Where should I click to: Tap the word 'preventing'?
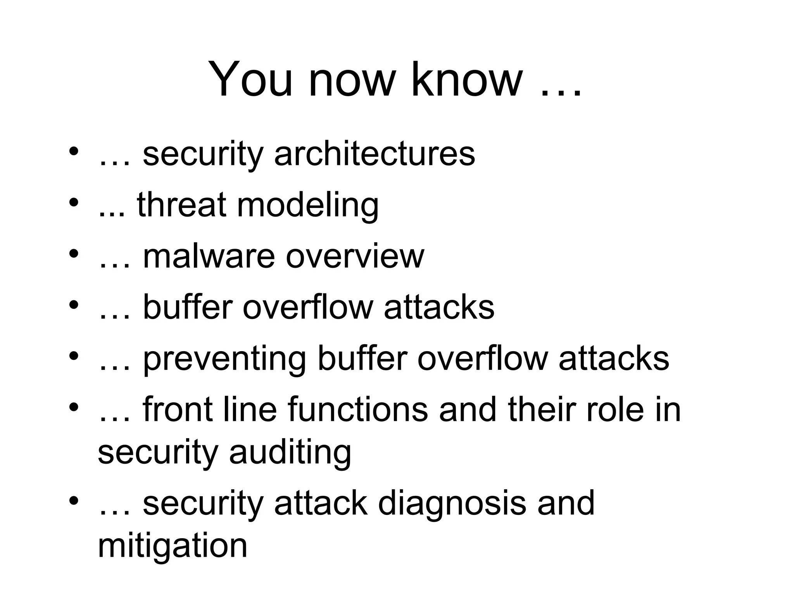[x=225, y=359]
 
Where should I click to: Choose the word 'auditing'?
[x=290, y=453]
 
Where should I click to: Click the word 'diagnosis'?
[x=452, y=503]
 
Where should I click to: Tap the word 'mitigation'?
[x=173, y=546]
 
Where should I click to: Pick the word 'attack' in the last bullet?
[x=321, y=503]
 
